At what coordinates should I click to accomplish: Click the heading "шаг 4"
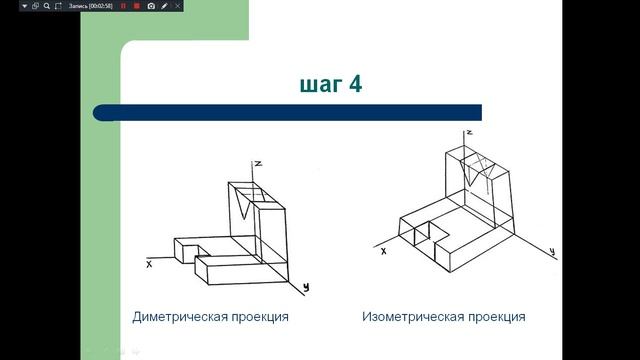coord(330,84)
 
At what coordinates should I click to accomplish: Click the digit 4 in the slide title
coord(354,84)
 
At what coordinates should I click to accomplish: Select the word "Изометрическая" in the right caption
coord(411,317)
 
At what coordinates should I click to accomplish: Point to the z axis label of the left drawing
coord(258,163)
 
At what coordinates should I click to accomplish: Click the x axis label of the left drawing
coord(148,265)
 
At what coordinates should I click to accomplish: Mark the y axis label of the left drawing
coord(306,287)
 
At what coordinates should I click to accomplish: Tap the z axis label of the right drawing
coord(468,132)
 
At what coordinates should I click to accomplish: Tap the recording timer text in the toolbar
coord(91,6)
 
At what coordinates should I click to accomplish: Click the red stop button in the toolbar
coord(136,6)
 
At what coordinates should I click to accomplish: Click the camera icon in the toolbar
coord(151,6)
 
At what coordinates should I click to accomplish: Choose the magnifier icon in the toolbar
coord(47,6)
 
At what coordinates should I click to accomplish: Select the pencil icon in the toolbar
coord(165,6)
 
